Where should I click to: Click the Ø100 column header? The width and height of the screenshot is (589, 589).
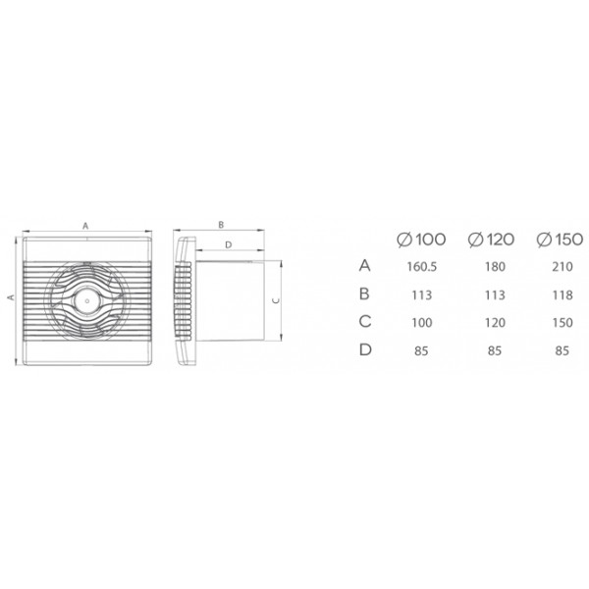(421, 240)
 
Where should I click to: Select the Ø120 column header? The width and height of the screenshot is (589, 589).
(491, 240)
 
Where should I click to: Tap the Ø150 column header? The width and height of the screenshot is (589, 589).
(560, 240)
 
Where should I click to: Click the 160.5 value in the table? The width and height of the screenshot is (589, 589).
(422, 267)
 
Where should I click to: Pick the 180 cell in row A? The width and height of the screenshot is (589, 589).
(495, 267)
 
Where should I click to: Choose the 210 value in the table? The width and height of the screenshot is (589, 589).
(562, 267)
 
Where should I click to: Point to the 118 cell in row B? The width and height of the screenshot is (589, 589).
(562, 294)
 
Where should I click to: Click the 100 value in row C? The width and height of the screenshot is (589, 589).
(422, 323)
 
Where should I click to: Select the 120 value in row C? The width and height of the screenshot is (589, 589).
(495, 323)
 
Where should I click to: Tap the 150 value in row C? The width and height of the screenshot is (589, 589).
(562, 323)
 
